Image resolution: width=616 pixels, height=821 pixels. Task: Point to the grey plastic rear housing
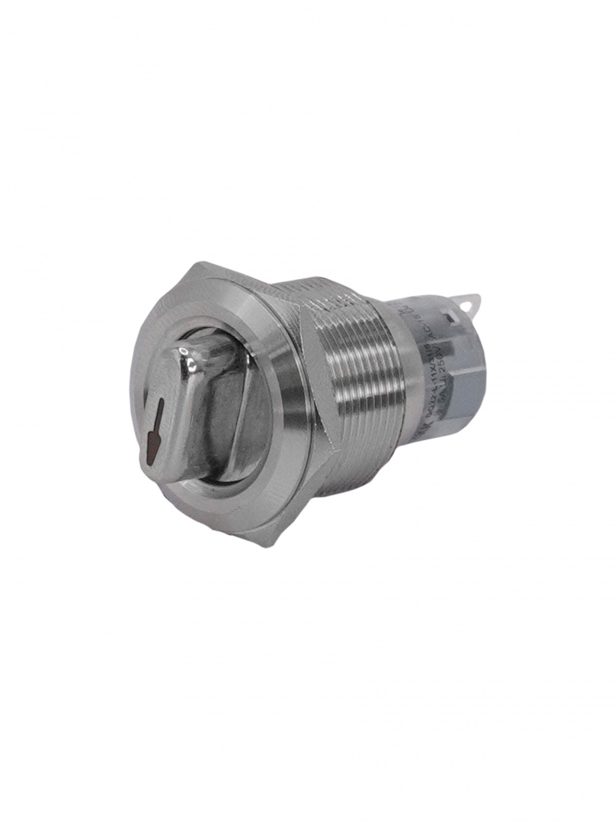pos(468,392)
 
